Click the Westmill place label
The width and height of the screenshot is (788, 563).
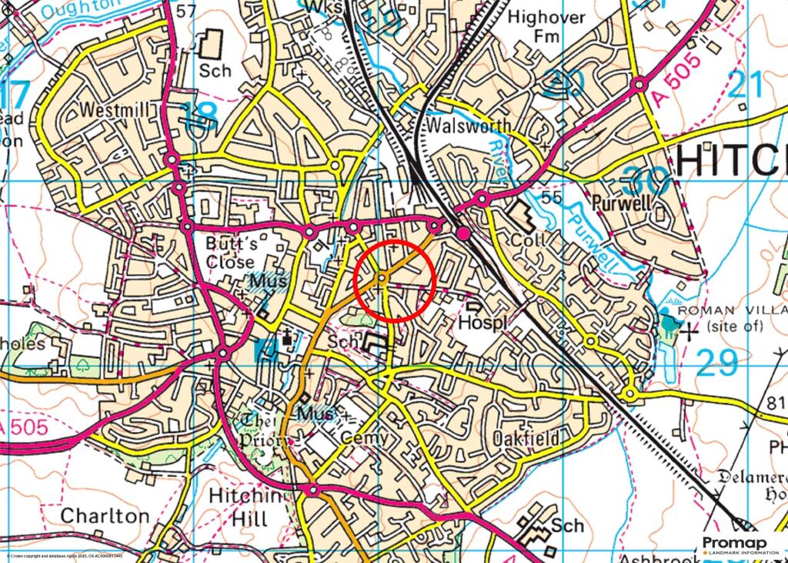point(114,111)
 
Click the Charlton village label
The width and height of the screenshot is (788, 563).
point(105,515)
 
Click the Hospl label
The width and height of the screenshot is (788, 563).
point(483,323)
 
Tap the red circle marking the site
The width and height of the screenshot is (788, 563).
point(396,280)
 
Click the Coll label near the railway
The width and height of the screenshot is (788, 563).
point(529,240)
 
